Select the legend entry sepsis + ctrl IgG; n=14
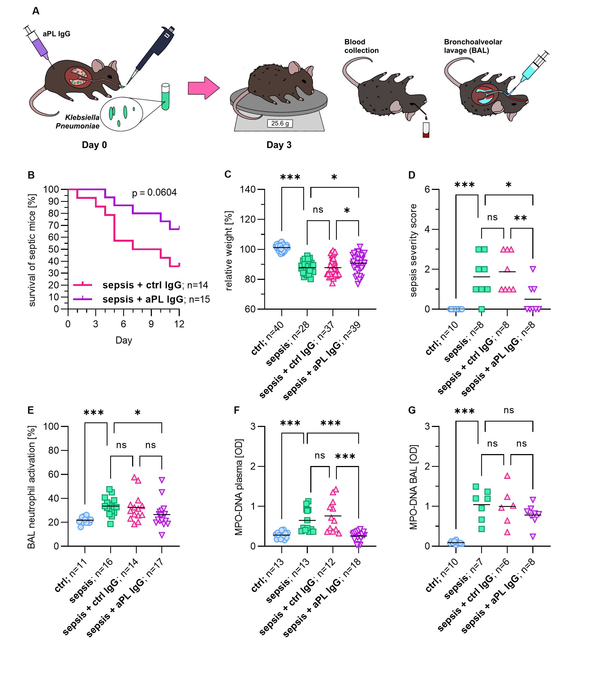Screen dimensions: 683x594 (155, 285)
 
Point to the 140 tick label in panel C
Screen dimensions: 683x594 (248, 189)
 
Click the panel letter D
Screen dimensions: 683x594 (412, 175)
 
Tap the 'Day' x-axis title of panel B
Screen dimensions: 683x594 (124, 340)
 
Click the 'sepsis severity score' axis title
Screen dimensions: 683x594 (413, 250)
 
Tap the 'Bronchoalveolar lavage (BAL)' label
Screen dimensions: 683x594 (473, 46)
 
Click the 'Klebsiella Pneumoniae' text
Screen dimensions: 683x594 (80, 122)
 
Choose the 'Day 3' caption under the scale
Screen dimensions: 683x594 (279, 145)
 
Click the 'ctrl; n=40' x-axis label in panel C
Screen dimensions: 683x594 (267, 338)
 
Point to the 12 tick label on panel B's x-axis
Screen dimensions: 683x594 (179, 324)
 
